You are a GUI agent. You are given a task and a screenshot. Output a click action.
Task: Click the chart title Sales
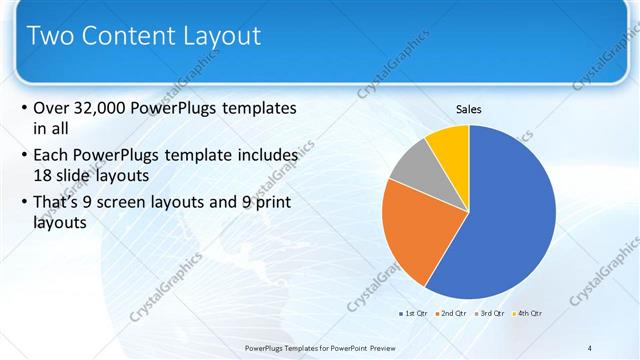coord(469,108)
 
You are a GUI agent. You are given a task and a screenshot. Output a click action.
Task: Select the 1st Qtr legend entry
coord(414,314)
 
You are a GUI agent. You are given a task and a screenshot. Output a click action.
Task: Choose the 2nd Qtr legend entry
coord(452,314)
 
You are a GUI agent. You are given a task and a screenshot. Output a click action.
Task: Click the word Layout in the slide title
coord(226,37)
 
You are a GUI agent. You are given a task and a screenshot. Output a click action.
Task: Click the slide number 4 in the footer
coord(590,347)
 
